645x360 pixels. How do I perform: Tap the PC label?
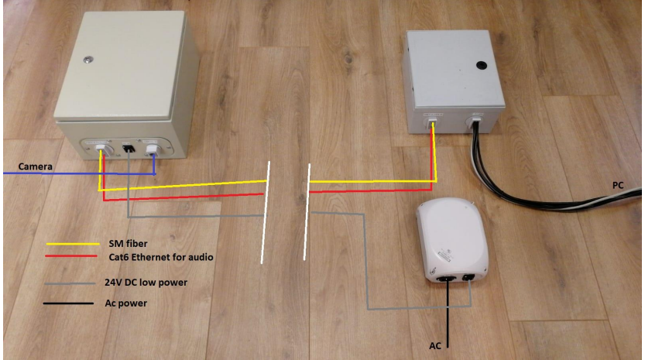click(616, 187)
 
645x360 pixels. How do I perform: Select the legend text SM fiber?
click(127, 243)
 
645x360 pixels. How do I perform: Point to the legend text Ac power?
click(125, 303)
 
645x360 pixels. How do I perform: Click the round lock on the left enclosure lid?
click(89, 58)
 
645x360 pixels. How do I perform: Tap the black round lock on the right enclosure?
click(480, 65)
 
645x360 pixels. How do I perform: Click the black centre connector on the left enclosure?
click(128, 148)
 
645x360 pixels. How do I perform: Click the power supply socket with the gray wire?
click(471, 276)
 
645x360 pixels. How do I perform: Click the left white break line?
click(266, 213)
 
